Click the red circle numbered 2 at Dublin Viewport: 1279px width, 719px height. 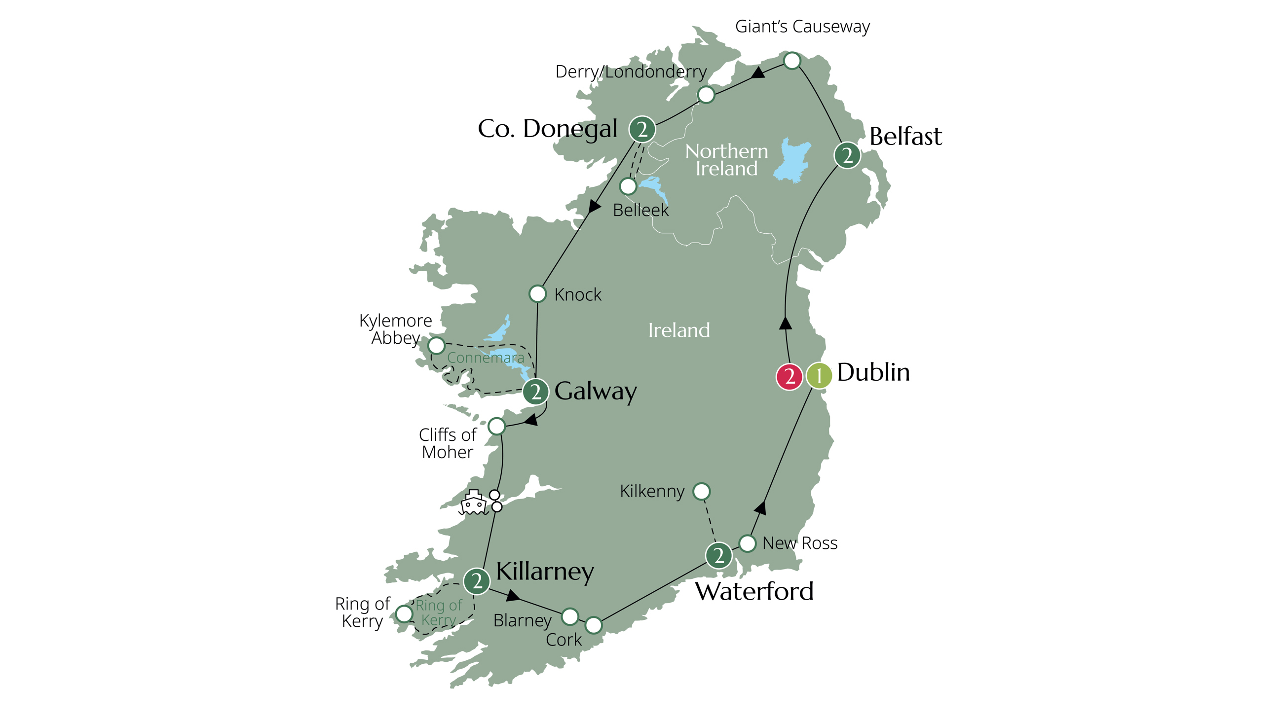pyautogui.click(x=789, y=377)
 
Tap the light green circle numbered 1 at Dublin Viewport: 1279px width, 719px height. pyautogui.click(x=818, y=376)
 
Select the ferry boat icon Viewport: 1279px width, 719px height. pyautogui.click(x=473, y=503)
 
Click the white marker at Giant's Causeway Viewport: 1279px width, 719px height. pyautogui.click(x=792, y=61)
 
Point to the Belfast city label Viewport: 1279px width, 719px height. pyautogui.click(x=905, y=137)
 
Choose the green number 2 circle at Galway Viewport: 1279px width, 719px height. pyautogui.click(x=535, y=392)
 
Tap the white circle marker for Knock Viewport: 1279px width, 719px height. pyautogui.click(x=538, y=294)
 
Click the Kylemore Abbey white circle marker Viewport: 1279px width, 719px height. pyautogui.click(x=436, y=345)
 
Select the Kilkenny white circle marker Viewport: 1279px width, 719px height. pyautogui.click(x=701, y=491)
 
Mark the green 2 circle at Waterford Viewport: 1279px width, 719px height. pyautogui.click(x=718, y=555)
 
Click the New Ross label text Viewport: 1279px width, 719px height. pyautogui.click(x=799, y=543)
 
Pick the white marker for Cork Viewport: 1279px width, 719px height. pyautogui.click(x=593, y=625)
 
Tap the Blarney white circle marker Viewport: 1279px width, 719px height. pyautogui.click(x=569, y=616)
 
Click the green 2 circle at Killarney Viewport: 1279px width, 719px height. pyautogui.click(x=477, y=581)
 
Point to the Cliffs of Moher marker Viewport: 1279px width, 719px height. pyautogui.click(x=496, y=426)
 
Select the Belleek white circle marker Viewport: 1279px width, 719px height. pyautogui.click(x=628, y=186)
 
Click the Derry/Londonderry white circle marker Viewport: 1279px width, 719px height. pyautogui.click(x=706, y=94)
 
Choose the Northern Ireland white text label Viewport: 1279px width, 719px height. pyautogui.click(x=726, y=160)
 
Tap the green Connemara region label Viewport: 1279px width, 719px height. pyautogui.click(x=485, y=358)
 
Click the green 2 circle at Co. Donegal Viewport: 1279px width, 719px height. pyautogui.click(x=642, y=130)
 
